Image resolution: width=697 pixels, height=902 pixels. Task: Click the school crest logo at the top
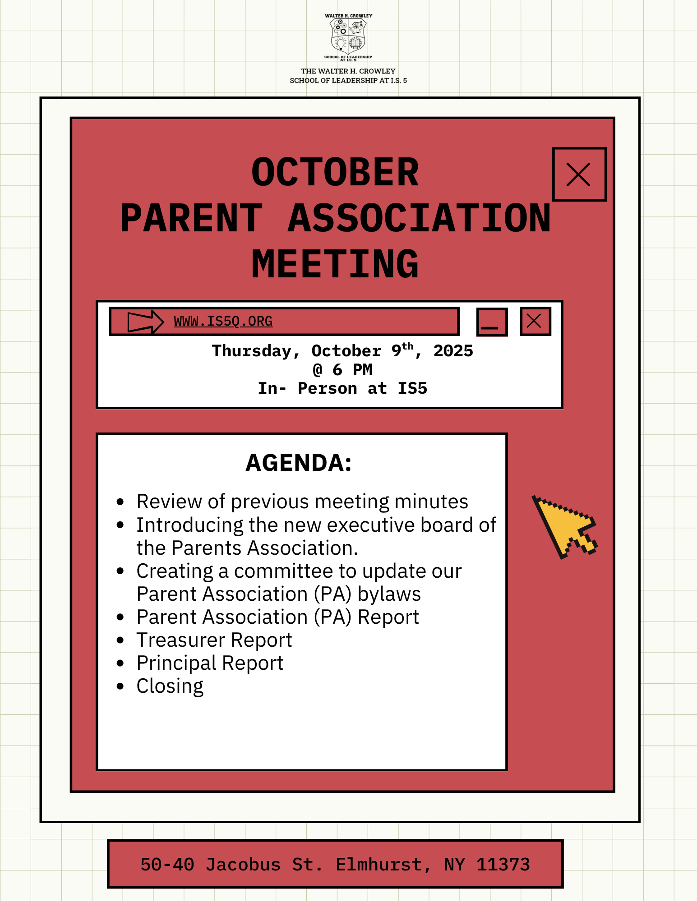[348, 37]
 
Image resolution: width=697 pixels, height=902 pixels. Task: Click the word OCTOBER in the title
[335, 172]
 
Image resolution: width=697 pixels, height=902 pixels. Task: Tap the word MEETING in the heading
[335, 264]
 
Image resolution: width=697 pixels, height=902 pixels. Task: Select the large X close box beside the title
[579, 175]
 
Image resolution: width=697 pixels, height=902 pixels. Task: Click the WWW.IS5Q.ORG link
[223, 322]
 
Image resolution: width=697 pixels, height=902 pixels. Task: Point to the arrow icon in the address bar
[145, 322]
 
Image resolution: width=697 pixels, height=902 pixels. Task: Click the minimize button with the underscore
[492, 322]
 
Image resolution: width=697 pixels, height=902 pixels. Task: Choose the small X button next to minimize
[535, 322]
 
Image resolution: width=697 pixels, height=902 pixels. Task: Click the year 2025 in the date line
[453, 351]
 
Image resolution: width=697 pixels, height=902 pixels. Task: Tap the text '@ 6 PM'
[342, 370]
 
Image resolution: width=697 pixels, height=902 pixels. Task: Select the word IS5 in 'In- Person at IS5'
[412, 388]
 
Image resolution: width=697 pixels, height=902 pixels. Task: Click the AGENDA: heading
[299, 463]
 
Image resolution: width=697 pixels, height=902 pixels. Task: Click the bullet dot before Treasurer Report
[120, 640]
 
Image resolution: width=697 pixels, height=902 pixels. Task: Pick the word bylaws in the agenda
[389, 594]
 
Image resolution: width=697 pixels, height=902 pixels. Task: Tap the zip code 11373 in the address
[503, 865]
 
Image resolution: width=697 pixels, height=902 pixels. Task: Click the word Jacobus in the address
[243, 865]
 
